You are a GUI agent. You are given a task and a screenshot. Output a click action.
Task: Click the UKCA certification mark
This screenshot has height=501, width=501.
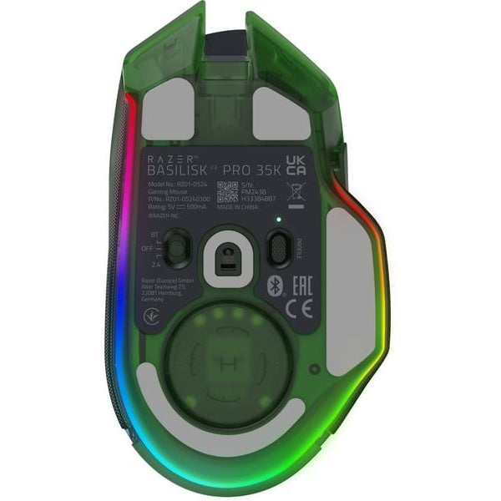[x=296, y=164]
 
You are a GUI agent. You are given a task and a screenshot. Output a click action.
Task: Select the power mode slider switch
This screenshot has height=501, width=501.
[x=176, y=247]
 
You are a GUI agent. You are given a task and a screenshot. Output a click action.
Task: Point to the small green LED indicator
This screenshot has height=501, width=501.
[x=279, y=220]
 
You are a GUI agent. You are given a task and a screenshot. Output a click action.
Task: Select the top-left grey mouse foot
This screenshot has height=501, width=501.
[x=165, y=112]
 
